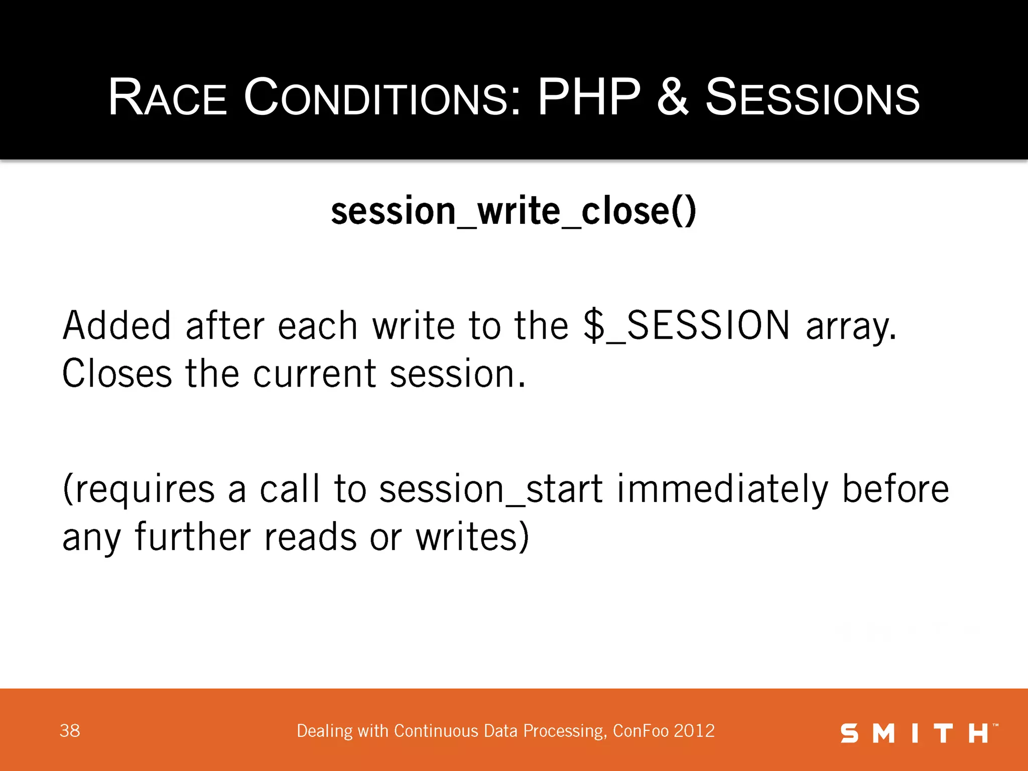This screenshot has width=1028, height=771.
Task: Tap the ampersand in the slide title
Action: point(672,97)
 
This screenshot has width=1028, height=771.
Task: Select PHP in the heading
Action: point(589,97)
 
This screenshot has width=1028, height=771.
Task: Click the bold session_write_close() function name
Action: point(513,211)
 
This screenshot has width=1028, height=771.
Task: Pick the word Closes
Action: point(116,374)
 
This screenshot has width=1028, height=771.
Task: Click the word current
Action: point(314,374)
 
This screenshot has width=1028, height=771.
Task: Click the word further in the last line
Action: point(193,537)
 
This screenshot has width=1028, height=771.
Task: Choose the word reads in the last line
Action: point(311,537)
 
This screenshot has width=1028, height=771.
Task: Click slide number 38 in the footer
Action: point(70,731)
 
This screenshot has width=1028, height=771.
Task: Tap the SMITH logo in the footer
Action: point(918,733)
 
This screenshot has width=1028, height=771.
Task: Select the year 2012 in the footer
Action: point(694,731)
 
